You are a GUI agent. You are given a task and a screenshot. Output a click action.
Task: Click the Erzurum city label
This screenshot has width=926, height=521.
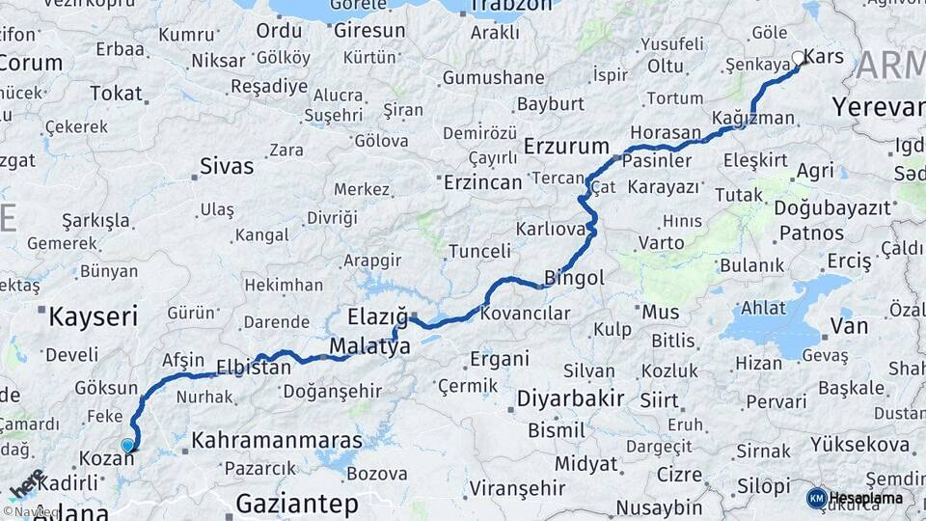pos(567,147)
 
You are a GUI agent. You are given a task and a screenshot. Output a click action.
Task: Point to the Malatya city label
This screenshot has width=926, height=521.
pos(369,345)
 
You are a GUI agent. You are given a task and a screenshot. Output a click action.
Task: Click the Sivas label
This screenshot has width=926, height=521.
pos(227,166)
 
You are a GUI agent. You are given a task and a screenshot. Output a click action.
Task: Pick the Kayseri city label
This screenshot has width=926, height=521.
pos(94,315)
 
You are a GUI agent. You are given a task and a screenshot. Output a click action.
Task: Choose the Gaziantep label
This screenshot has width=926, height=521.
pos(297,504)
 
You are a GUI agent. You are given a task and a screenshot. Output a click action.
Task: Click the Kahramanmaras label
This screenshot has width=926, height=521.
pos(277,441)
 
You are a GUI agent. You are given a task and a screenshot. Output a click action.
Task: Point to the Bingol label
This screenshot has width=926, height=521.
pos(575,278)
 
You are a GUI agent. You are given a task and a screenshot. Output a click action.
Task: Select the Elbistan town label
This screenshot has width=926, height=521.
pos(254,368)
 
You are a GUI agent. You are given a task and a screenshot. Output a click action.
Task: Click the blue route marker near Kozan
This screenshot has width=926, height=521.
pos(127,445)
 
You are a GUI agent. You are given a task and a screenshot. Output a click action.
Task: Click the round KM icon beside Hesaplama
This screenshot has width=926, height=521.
pos(816,498)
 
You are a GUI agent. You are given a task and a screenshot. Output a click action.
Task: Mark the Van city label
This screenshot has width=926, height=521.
pos(849,326)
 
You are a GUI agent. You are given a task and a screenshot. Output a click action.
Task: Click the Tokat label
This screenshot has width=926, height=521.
pos(116,94)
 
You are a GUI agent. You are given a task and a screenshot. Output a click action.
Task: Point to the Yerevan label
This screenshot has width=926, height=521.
pos(878,106)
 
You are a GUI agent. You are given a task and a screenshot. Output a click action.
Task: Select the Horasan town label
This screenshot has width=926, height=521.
pos(665,132)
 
